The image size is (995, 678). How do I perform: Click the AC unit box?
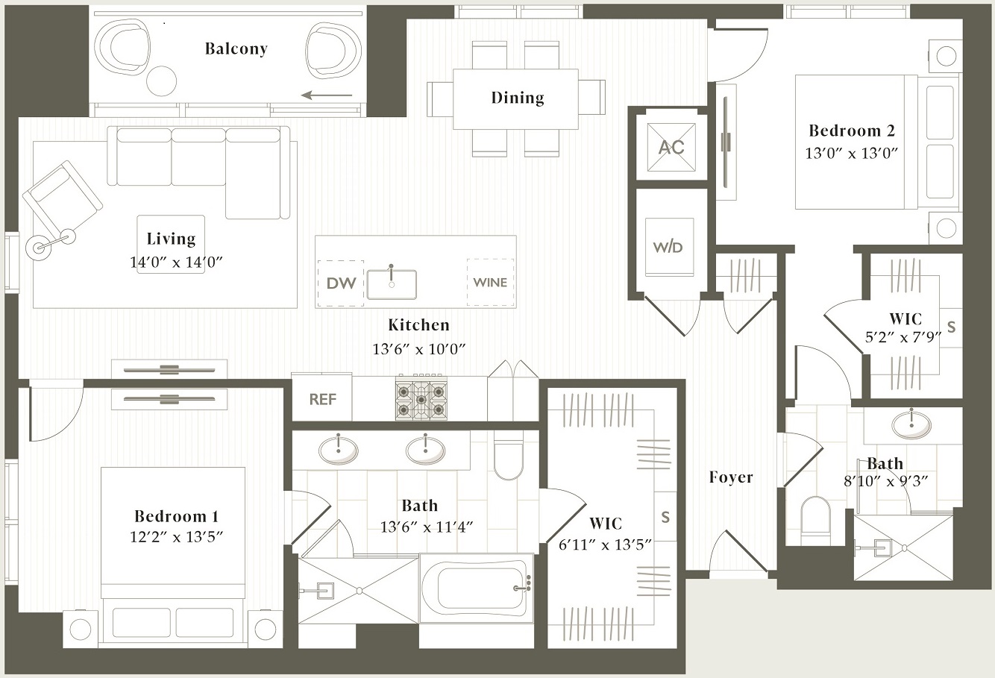671,147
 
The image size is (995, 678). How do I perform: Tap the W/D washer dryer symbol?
668,248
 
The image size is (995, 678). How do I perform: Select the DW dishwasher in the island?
341,283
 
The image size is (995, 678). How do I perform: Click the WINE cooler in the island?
490,283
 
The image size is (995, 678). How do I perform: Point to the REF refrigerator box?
322,399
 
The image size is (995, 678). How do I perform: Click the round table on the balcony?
161,81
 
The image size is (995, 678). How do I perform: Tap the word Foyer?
730,477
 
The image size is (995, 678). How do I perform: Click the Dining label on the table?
517,98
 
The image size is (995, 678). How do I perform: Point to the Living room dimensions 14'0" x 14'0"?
176,262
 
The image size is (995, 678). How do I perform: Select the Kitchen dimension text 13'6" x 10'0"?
418,348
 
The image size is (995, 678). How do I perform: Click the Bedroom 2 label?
851,131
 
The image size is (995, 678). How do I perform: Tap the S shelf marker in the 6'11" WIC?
665,517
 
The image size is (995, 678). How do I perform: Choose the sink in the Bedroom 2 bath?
911,425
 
